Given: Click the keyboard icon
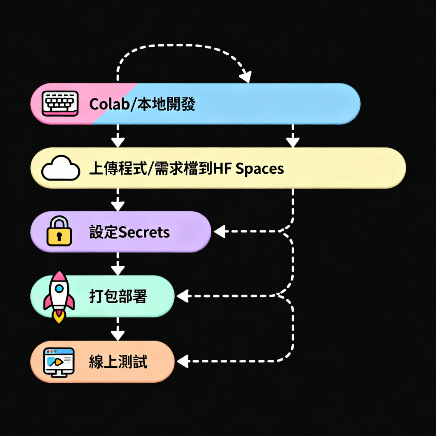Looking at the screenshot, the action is (x=60, y=103).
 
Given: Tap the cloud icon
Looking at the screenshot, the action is (x=60, y=169).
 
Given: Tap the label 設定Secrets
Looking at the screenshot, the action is (x=129, y=232).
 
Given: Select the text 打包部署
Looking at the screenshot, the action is (x=118, y=296).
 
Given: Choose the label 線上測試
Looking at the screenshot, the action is (x=118, y=362).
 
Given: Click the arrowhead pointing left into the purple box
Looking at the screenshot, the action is (x=219, y=232).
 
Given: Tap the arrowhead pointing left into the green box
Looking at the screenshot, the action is (x=182, y=295).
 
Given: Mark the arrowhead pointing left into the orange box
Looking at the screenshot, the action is (x=182, y=362).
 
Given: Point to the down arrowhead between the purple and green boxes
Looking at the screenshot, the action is (x=118, y=270).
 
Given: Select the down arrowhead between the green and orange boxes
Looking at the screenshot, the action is (x=118, y=334).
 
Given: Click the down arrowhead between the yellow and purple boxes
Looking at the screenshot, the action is (x=118, y=206).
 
